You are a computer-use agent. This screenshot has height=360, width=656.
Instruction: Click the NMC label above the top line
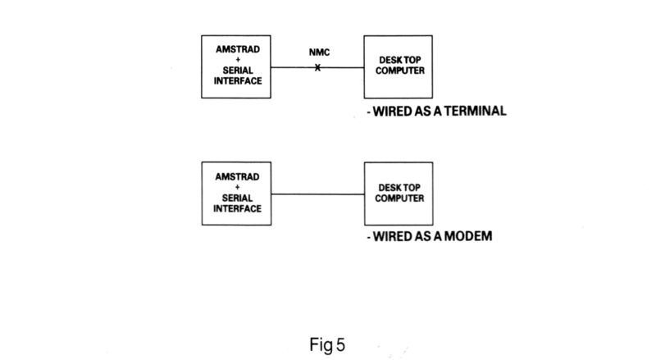[x=319, y=53]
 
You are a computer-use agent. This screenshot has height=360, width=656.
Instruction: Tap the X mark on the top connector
[x=318, y=67]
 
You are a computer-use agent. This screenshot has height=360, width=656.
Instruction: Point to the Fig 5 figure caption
[x=328, y=345]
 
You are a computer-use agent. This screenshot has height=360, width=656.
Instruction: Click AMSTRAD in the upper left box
[x=237, y=49]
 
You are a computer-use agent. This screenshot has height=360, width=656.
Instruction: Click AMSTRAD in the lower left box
[x=237, y=176]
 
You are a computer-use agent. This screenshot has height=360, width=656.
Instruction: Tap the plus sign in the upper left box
[x=237, y=60]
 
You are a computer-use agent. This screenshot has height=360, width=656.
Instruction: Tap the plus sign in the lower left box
[x=237, y=187]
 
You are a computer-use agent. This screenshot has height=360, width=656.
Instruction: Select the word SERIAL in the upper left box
[x=237, y=71]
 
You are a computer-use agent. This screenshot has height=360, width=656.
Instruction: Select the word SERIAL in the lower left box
[x=237, y=198]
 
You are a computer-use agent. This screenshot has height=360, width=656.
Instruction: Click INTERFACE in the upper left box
[x=237, y=81]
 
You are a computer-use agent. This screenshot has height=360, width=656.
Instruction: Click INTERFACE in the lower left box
[x=237, y=208]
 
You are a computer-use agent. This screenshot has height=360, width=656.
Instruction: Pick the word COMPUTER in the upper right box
[x=402, y=71]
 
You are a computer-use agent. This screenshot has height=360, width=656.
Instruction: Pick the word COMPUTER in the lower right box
[x=402, y=198]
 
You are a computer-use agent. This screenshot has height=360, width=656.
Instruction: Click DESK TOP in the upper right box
[x=402, y=61]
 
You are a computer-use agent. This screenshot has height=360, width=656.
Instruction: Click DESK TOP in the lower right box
[x=402, y=188]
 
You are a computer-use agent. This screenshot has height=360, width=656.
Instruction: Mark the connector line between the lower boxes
[x=318, y=194]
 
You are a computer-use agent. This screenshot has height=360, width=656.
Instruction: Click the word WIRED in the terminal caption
[x=393, y=112]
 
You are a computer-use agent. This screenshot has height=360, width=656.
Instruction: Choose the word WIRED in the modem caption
[x=393, y=237]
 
